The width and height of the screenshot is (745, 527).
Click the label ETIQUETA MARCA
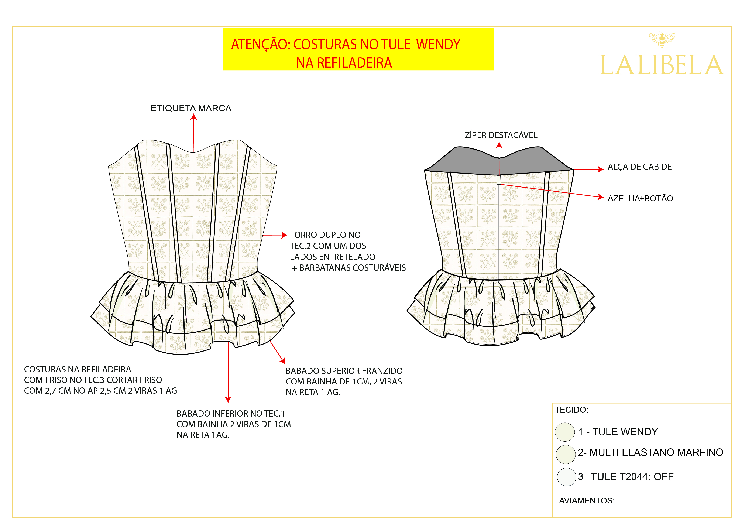click(x=191, y=108)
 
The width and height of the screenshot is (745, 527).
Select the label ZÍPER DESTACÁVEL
click(x=501, y=135)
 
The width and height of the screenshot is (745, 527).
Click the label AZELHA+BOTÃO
click(x=640, y=198)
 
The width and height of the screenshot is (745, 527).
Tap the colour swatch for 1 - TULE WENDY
click(x=565, y=432)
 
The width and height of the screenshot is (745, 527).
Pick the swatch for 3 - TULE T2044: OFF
click(x=566, y=477)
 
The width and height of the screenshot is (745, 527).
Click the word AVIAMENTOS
click(x=587, y=501)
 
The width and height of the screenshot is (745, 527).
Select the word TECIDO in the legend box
click(x=571, y=410)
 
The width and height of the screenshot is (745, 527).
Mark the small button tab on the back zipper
click(x=499, y=180)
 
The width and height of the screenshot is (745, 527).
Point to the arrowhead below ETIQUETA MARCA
click(x=194, y=117)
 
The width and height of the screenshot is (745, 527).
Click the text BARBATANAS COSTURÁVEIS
click(x=352, y=268)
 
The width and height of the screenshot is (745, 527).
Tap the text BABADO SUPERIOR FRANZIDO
click(x=344, y=371)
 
